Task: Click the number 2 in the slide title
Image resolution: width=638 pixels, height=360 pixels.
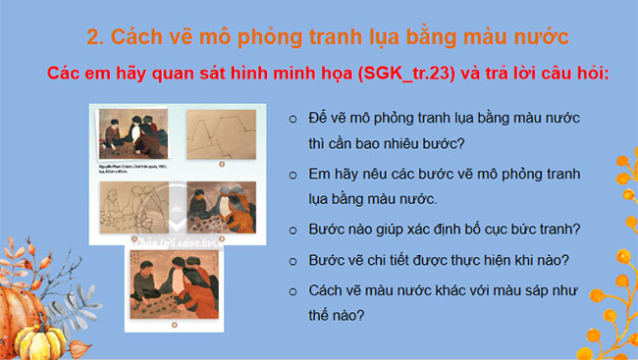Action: [x=94, y=38]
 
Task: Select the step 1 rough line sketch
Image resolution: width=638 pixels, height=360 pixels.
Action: [x=220, y=139]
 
